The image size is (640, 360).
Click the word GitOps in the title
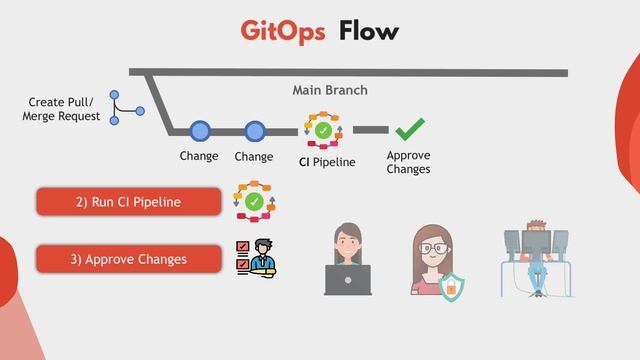pyautogui.click(x=283, y=31)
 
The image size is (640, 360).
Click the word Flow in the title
pyautogui.click(x=368, y=31)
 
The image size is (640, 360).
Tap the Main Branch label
pyautogui.click(x=330, y=90)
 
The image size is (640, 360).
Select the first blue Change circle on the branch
pyautogui.click(x=200, y=130)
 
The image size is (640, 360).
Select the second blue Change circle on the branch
pyautogui.click(x=255, y=130)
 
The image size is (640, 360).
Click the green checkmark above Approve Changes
pyautogui.click(x=410, y=130)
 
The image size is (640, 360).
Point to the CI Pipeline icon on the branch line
pyautogui.click(x=323, y=131)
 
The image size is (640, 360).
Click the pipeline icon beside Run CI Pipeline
pyautogui.click(x=254, y=201)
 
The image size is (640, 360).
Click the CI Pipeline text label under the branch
pyautogui.click(x=327, y=162)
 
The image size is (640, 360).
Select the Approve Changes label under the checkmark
pyautogui.click(x=408, y=162)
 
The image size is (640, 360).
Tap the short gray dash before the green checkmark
pyautogui.click(x=370, y=130)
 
